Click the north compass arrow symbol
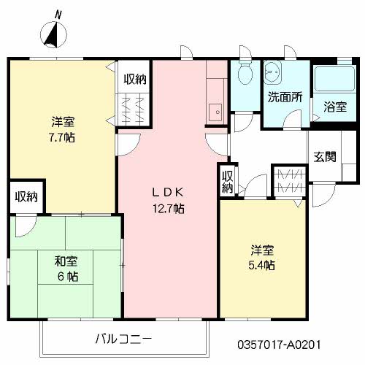pyautogui.click(x=53, y=33)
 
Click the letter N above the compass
pyautogui.click(x=58, y=13)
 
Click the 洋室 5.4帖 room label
pyautogui.click(x=259, y=256)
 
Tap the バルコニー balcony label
pyautogui.click(x=123, y=339)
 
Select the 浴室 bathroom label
pyautogui.click(x=334, y=107)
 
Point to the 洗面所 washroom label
pyautogui.click(x=283, y=96)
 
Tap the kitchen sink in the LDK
pyautogui.click(x=215, y=113)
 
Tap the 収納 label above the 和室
pyautogui.click(x=27, y=196)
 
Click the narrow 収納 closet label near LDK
pyautogui.click(x=227, y=181)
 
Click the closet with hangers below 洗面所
pyautogui.click(x=290, y=181)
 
